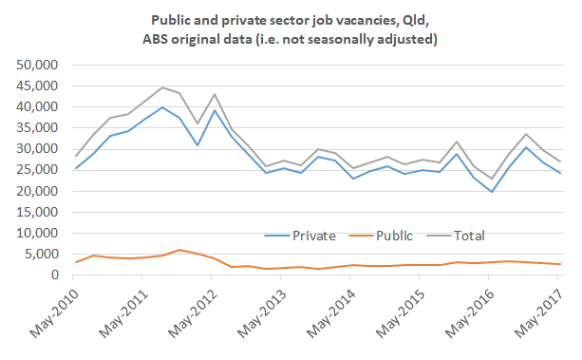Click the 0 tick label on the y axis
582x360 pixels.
[x=54, y=275]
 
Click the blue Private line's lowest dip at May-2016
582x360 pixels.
[x=491, y=192]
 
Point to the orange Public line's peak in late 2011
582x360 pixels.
[x=178, y=250]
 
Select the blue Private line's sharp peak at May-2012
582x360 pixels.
[x=214, y=110]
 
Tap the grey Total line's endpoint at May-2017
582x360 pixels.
[x=559, y=161]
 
